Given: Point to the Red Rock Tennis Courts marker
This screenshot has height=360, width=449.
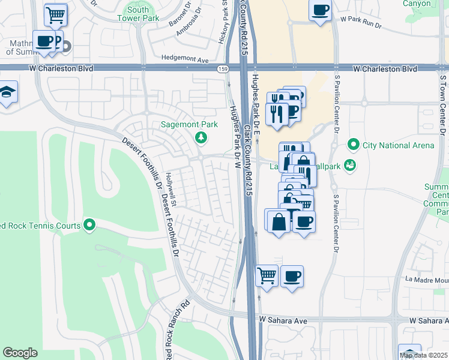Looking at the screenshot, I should click(x=89, y=225).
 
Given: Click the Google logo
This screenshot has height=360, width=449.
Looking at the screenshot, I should click(x=20, y=353).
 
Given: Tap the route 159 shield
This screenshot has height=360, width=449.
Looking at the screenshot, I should click(x=222, y=69).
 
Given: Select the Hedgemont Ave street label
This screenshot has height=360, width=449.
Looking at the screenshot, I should click(x=184, y=60).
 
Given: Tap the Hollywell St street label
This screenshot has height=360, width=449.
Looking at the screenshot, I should click(x=172, y=190).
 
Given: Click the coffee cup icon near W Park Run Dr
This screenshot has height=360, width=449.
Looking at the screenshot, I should click(x=320, y=11).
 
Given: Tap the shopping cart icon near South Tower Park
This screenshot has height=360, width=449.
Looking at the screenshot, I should click(x=56, y=14).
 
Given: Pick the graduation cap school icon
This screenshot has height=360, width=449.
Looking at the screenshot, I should click(x=7, y=92).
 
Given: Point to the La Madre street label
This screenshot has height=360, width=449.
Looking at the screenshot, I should click(x=426, y=279).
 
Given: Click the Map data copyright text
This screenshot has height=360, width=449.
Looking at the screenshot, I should click(x=424, y=355).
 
